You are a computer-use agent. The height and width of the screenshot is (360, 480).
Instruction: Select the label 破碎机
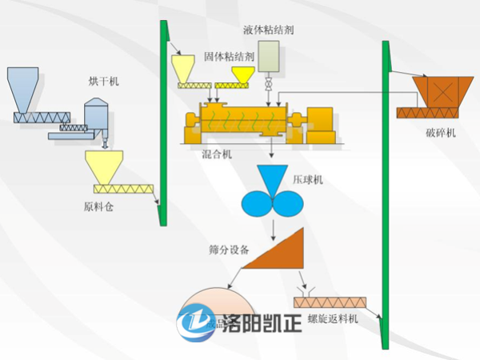tap(440, 133)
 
